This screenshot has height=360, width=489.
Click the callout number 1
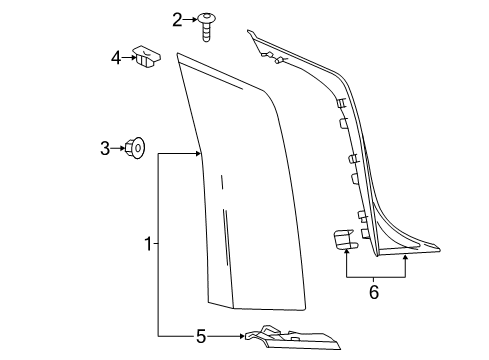tap(148, 243)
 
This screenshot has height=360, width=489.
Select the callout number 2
tap(178, 19)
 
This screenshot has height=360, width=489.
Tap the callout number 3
tap(105, 149)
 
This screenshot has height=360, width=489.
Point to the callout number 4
tap(116, 58)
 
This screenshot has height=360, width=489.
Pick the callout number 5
tap(200, 336)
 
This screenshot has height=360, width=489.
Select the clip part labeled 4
tap(151, 58)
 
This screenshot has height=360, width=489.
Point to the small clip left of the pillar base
tap(345, 240)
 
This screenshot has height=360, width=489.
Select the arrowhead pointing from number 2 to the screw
tap(193, 19)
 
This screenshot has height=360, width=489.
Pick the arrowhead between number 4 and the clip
tap(132, 58)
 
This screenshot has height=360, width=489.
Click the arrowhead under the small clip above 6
tap(346, 256)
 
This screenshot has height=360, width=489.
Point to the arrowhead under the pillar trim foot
tap(405, 256)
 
